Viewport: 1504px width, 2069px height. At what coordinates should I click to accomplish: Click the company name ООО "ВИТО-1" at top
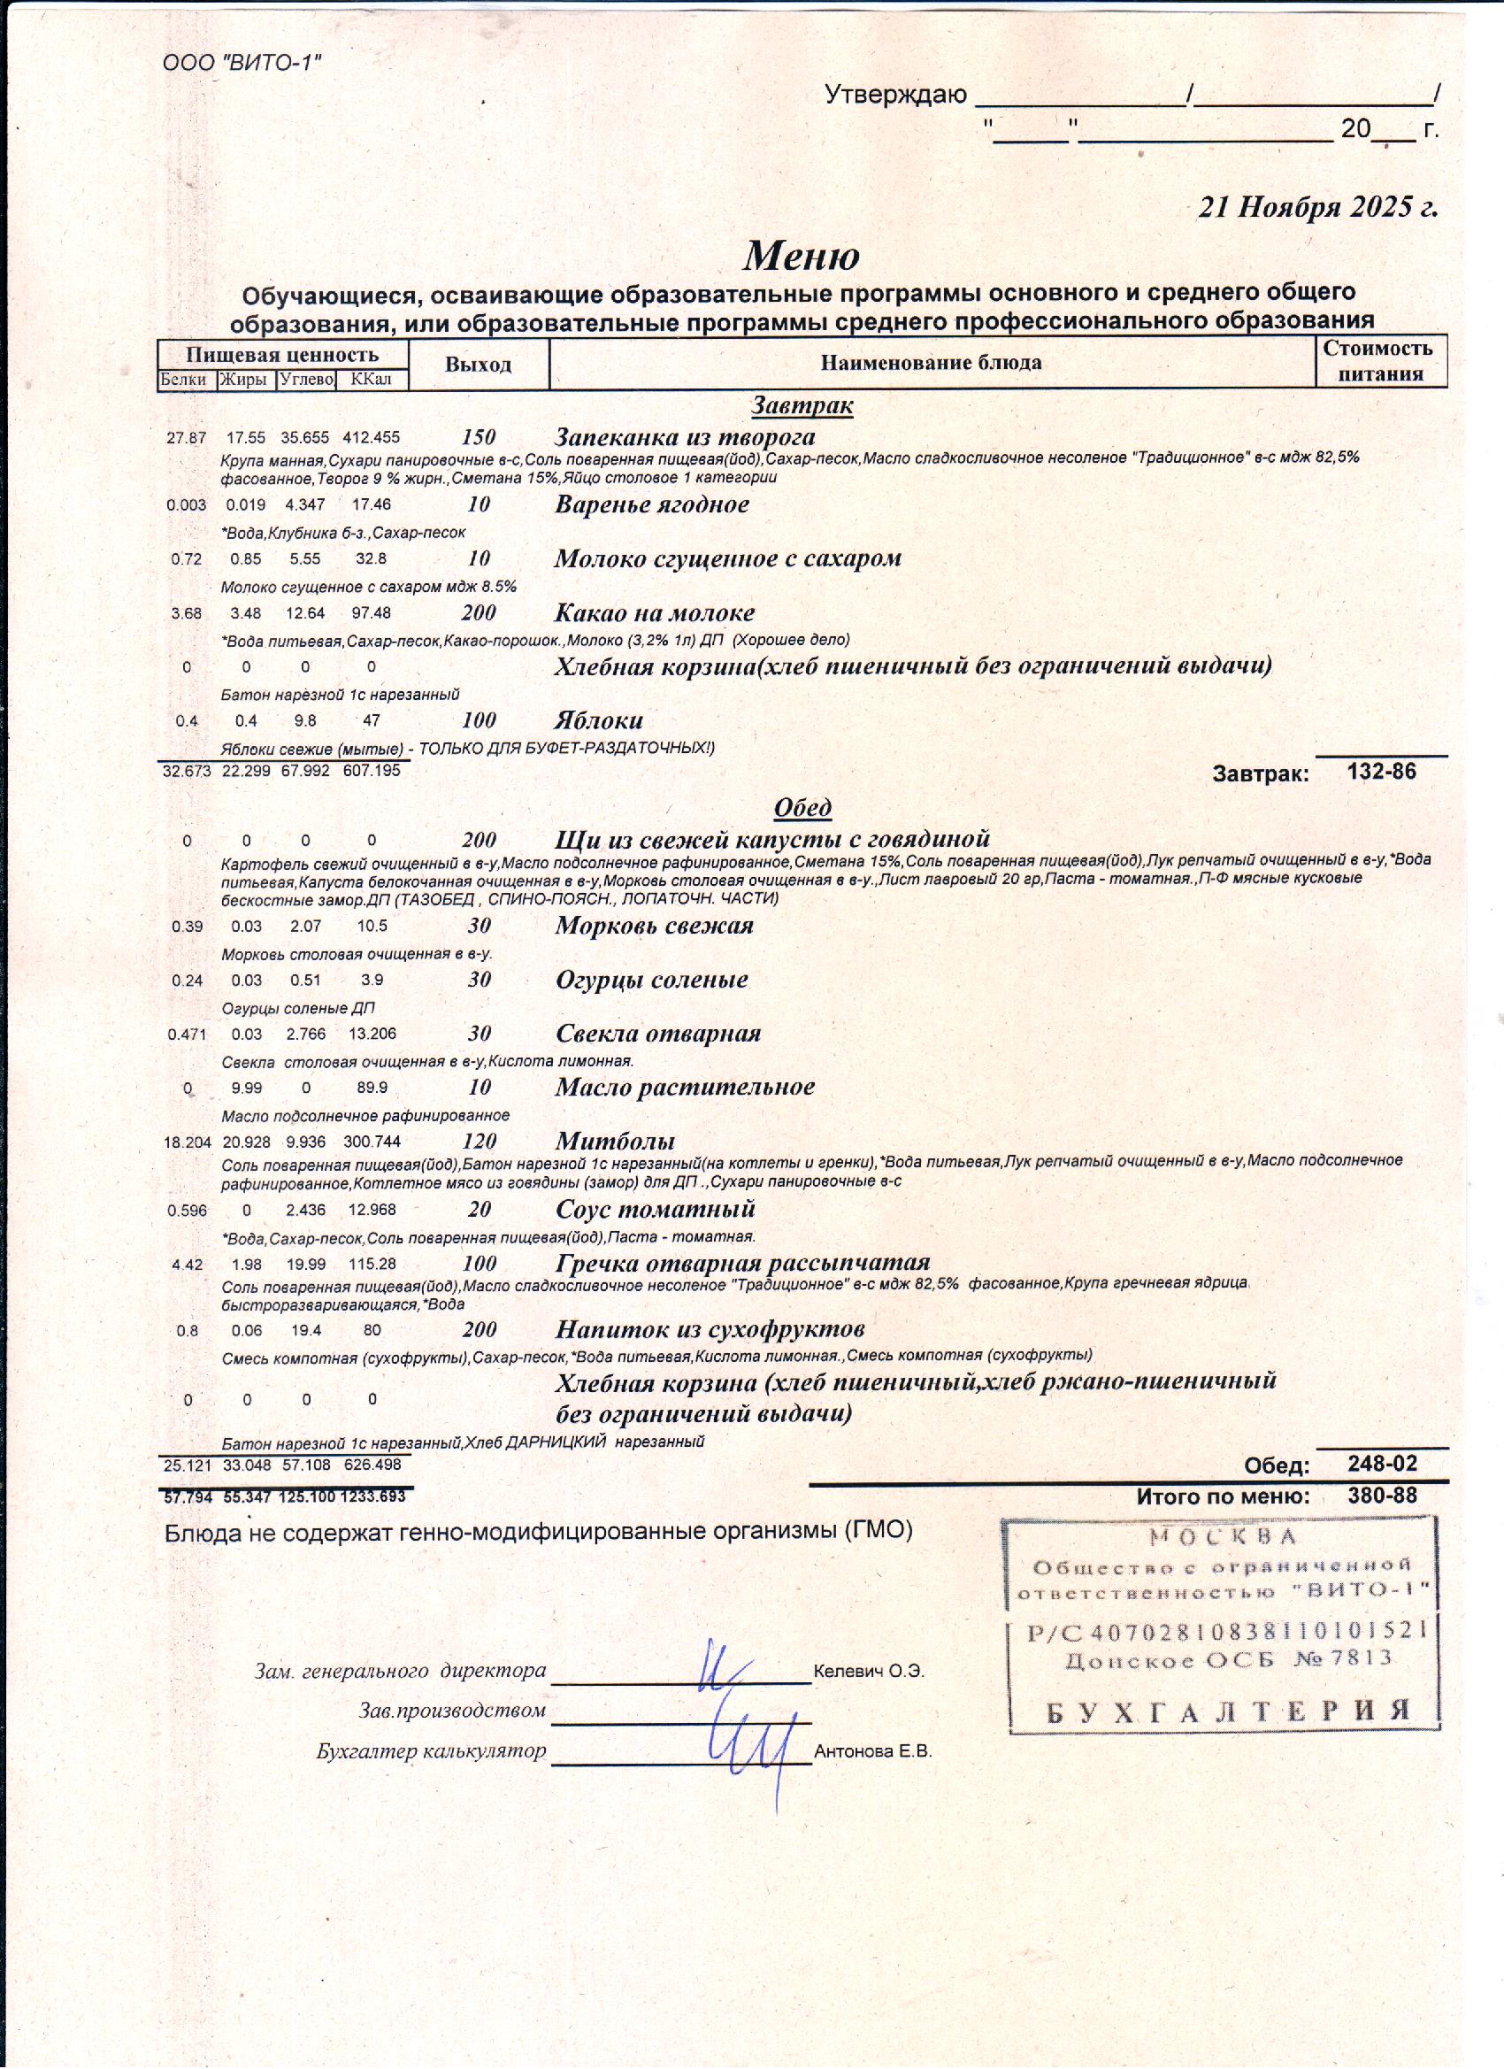(x=242, y=63)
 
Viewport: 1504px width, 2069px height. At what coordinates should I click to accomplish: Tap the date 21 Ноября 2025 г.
(x=1317, y=207)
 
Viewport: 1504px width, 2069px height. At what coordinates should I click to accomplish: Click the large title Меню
(x=801, y=256)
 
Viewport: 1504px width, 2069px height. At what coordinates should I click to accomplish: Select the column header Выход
(x=478, y=365)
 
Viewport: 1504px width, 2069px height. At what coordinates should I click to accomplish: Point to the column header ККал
(x=372, y=380)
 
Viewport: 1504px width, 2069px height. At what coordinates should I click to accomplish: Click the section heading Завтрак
(x=802, y=405)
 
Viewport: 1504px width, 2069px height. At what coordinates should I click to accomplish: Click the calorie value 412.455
(x=372, y=438)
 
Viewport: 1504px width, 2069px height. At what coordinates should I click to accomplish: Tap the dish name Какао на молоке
(x=655, y=612)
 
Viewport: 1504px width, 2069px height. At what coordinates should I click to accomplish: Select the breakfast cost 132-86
(x=1382, y=772)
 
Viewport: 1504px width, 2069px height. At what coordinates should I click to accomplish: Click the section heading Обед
(x=802, y=807)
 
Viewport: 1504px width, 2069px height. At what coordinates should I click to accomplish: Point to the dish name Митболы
(x=616, y=1141)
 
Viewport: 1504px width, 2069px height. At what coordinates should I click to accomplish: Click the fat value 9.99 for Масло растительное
(x=246, y=1088)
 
